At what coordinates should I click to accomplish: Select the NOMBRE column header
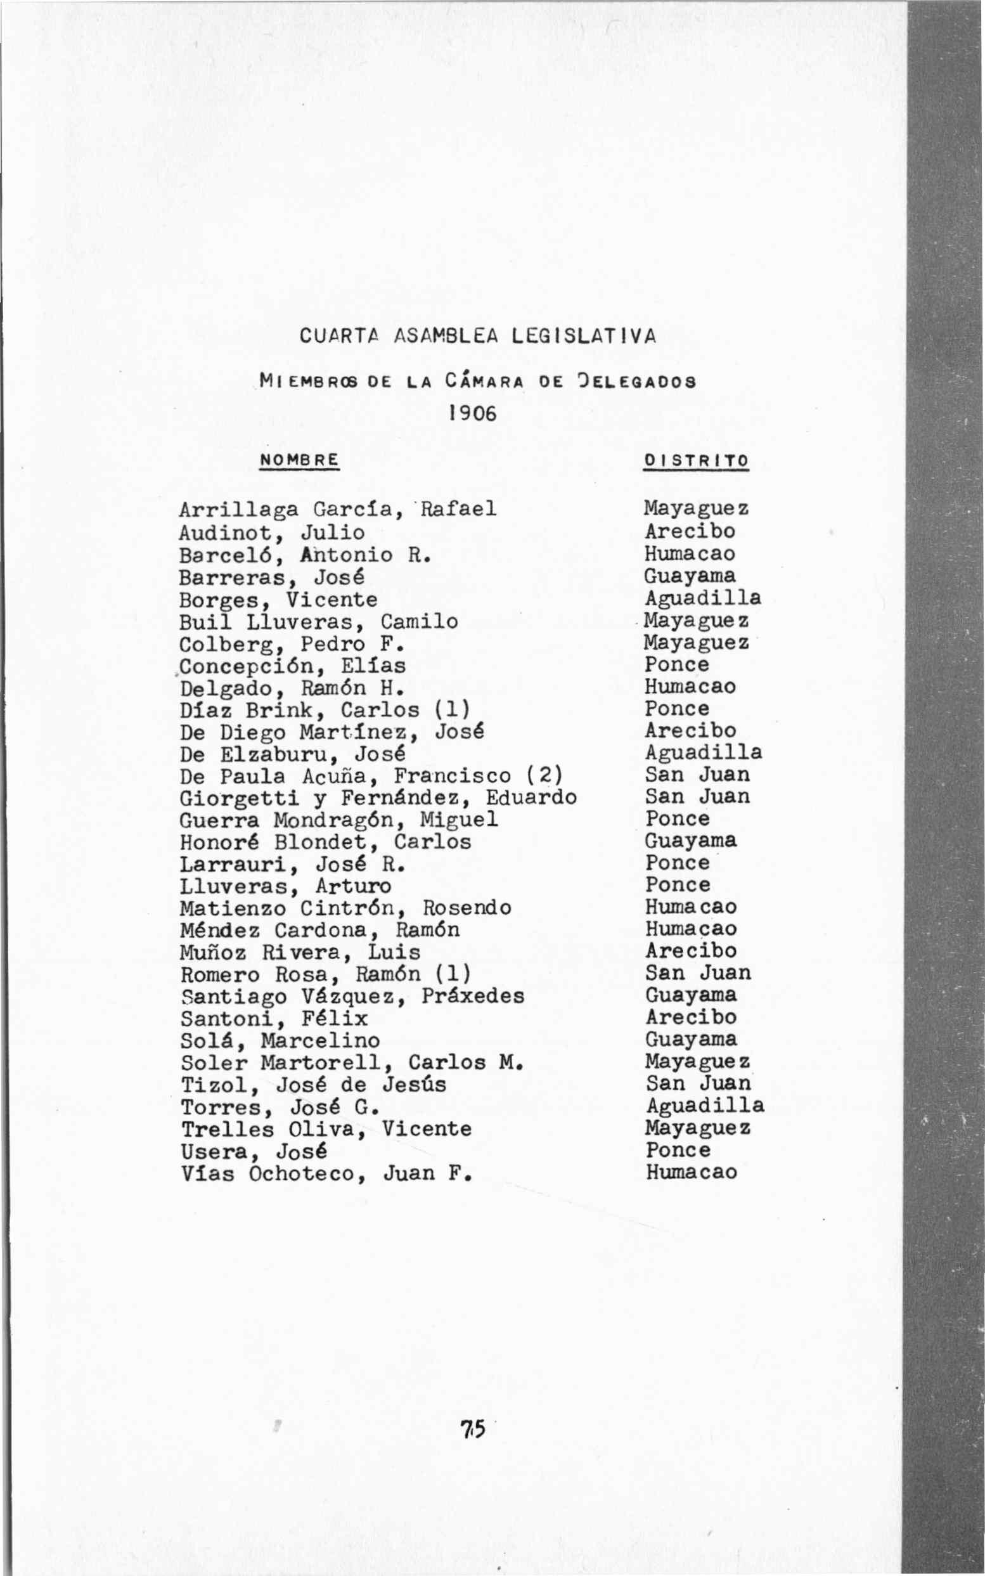coord(299,460)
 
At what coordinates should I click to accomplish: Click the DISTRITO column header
coord(696,461)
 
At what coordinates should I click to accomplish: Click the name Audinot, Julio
coord(272,533)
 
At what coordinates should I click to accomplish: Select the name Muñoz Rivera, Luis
coord(300,952)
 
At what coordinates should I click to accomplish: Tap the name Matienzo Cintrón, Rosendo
coord(345,908)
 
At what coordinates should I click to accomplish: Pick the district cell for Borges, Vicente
coord(702,598)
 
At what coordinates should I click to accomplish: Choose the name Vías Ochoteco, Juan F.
coord(326,1173)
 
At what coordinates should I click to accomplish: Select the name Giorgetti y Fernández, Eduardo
coord(378,798)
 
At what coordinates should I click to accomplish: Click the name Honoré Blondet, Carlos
coord(325,842)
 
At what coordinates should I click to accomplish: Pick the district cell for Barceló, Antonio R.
coord(689,554)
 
